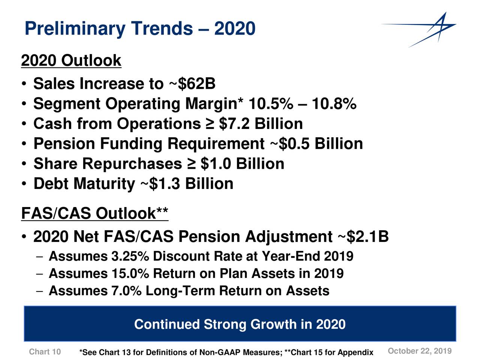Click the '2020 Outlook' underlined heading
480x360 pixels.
(x=71, y=60)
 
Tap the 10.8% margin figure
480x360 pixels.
(x=334, y=104)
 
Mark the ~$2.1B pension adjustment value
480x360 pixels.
(x=363, y=237)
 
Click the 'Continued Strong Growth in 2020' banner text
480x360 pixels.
(x=240, y=324)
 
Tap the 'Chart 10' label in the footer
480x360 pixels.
(x=45, y=352)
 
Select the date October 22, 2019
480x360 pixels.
(x=420, y=351)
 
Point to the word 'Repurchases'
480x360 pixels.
(x=132, y=164)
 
